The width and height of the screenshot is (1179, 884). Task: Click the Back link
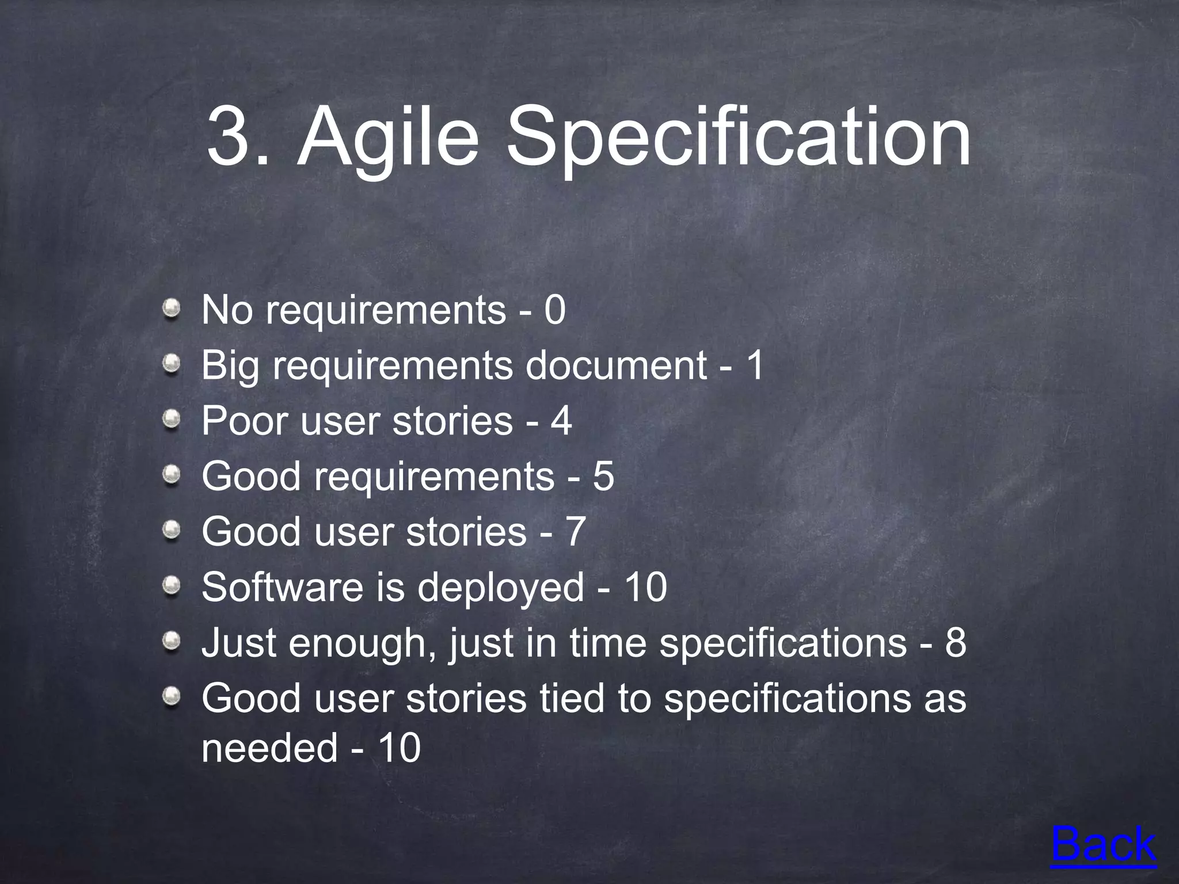[1103, 845]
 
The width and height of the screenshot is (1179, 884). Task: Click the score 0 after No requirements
[555, 310]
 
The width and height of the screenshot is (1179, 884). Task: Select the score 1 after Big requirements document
[754, 365]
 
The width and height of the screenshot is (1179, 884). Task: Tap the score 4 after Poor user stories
[561, 421]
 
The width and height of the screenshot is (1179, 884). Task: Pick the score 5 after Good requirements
[603, 476]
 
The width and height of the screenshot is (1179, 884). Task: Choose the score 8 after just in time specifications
[955, 642]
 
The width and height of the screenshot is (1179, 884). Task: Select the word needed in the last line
[269, 748]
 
